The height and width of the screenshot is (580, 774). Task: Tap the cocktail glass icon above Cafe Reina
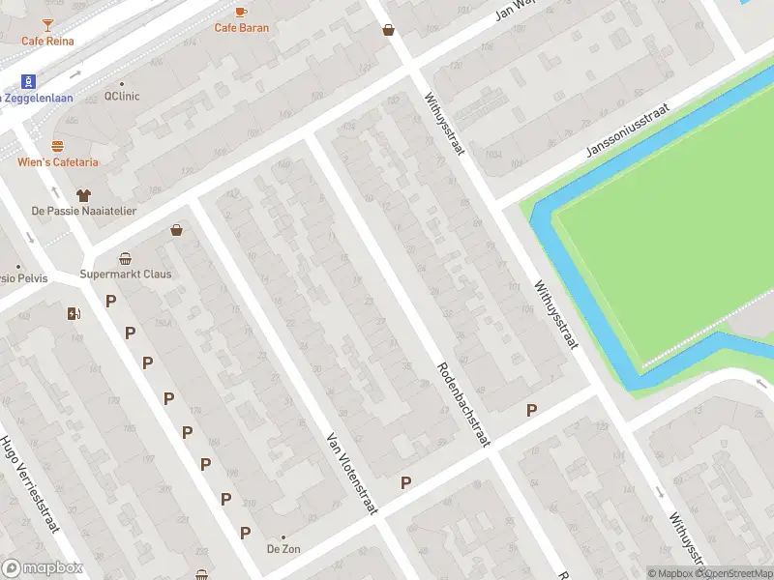coord(48,21)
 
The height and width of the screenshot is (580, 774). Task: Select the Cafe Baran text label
coord(242,28)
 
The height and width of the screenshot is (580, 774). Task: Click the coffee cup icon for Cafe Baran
coord(242,11)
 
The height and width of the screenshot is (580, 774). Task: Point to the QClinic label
coord(123,97)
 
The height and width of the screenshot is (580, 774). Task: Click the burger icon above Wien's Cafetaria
coord(57,146)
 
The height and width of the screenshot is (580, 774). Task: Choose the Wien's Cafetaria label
coord(57,162)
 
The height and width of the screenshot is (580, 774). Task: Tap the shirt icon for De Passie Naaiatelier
coord(83,194)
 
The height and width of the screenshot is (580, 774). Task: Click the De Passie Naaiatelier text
coord(83,211)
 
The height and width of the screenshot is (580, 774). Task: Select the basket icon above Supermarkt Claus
coord(126,258)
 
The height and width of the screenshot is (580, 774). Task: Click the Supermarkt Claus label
coord(126,274)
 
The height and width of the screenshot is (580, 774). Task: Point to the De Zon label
coord(283,549)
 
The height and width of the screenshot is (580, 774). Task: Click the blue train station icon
coord(29,80)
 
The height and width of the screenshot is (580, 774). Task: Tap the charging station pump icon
coord(74,312)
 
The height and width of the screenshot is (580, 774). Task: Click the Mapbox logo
coord(43,567)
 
